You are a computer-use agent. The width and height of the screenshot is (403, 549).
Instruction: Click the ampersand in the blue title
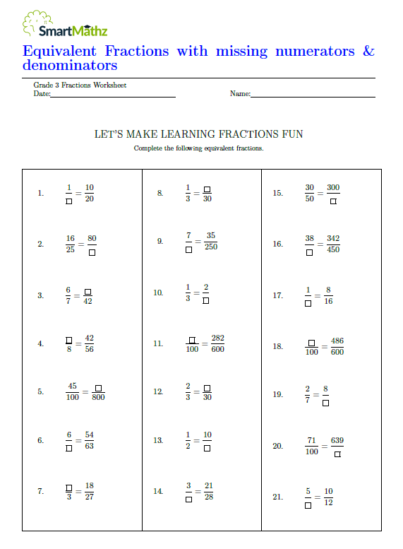point(368,51)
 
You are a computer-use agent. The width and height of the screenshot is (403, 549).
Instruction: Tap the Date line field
point(113,94)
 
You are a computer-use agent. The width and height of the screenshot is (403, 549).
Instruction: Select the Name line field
point(313,94)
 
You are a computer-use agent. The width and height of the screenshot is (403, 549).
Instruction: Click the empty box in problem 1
point(68,200)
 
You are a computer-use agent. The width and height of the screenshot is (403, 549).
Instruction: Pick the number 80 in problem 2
point(92,238)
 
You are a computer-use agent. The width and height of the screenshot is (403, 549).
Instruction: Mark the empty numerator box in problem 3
point(88,290)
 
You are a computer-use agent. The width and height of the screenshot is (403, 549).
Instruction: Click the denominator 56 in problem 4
point(89,349)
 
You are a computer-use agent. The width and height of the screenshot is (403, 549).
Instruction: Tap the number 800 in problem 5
point(98,397)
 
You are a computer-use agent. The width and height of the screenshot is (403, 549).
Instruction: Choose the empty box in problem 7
point(68,487)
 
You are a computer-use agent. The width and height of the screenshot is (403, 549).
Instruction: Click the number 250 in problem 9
point(211,247)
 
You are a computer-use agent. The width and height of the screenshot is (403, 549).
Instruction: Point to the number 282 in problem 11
point(217,338)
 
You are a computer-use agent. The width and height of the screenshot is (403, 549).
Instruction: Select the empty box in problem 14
point(188,498)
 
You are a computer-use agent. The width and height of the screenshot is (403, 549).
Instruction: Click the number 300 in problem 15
point(333,187)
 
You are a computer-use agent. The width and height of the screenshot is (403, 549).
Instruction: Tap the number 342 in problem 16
point(333,238)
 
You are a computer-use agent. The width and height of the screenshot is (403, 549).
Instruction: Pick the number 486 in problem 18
point(337,341)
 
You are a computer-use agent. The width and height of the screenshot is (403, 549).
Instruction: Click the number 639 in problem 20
point(337,440)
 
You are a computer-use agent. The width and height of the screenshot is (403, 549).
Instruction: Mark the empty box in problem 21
point(308,504)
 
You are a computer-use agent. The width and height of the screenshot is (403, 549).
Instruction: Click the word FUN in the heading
point(293,134)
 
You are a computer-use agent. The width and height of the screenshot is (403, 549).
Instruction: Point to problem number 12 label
point(158,391)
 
